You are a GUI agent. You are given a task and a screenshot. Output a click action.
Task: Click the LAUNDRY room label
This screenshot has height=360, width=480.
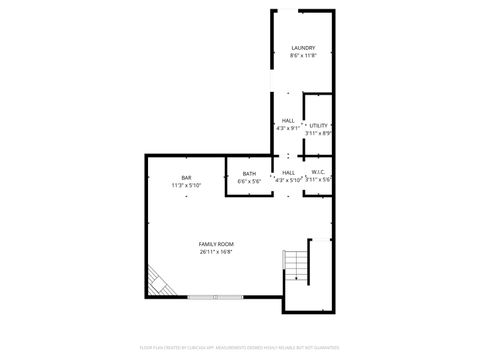pyautogui.click(x=303, y=48)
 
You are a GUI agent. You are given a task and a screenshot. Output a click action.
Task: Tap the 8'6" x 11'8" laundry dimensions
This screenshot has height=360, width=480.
pyautogui.click(x=303, y=56)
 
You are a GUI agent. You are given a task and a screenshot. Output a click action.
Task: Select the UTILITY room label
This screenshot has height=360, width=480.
pyautogui.click(x=318, y=125)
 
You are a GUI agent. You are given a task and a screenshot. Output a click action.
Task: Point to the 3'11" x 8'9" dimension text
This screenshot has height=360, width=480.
pyautogui.click(x=319, y=132)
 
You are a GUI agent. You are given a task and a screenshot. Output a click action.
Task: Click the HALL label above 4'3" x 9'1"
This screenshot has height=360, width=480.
pyautogui.click(x=288, y=121)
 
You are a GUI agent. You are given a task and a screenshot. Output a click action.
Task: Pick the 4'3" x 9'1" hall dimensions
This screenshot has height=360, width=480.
pyautogui.click(x=288, y=128)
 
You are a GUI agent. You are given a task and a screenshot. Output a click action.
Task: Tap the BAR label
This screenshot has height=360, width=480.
pyautogui.click(x=186, y=178)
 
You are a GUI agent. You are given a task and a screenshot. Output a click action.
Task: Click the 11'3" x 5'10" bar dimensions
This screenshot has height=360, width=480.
pyautogui.click(x=186, y=185)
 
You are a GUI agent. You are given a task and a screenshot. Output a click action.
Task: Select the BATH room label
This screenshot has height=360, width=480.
pyautogui.click(x=249, y=174)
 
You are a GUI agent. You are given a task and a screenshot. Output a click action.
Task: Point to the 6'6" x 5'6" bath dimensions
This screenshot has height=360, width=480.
pyautogui.click(x=249, y=181)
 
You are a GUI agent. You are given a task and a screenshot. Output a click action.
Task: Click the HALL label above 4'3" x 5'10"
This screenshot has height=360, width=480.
pyautogui.click(x=288, y=173)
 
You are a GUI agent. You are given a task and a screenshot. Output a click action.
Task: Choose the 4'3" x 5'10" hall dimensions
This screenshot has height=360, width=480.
pyautogui.click(x=288, y=180)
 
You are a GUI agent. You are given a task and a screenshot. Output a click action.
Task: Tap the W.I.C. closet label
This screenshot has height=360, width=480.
pyautogui.click(x=318, y=172)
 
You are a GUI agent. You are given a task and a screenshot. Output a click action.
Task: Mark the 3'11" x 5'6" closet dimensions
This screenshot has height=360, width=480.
pyautogui.click(x=318, y=179)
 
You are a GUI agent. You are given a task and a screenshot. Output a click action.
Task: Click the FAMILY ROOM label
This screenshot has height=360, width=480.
pyautogui.click(x=215, y=245)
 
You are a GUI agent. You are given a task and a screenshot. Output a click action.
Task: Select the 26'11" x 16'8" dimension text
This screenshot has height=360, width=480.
pyautogui.click(x=215, y=252)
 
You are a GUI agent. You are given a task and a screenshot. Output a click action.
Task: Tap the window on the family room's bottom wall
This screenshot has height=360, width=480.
pyautogui.click(x=214, y=296)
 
